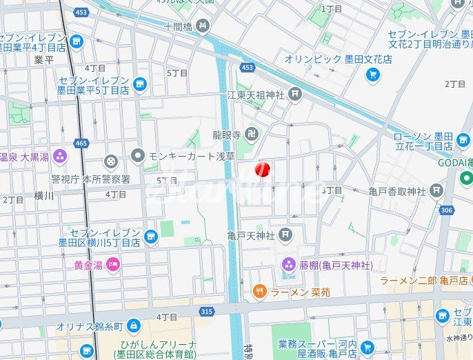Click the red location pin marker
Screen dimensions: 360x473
263,169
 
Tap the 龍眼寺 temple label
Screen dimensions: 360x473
225,134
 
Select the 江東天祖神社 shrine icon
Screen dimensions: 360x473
295,94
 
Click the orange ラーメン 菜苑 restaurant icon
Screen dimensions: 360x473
259,292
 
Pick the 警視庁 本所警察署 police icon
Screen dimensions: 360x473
110,162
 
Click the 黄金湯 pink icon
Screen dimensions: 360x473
113,263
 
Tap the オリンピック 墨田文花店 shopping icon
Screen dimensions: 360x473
373,74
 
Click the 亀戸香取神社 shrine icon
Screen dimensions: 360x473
436,190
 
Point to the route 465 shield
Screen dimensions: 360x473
82,143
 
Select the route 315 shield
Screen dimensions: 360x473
205,312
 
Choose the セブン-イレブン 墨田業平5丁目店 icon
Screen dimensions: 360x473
140,85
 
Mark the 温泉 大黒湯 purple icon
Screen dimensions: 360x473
59,157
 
